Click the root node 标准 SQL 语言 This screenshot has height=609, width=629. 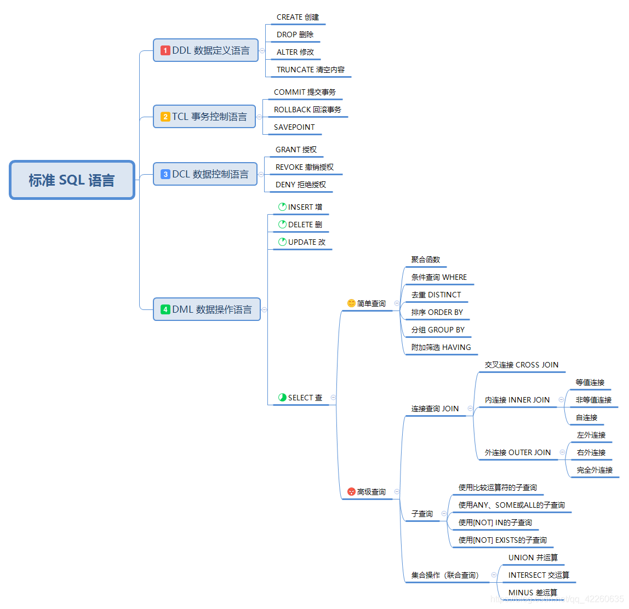click(x=72, y=180)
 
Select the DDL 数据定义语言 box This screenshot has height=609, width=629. click(x=205, y=50)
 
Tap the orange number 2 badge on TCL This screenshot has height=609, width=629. click(x=165, y=117)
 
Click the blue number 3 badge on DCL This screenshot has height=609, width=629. click(x=165, y=174)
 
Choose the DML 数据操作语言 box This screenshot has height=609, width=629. click(x=207, y=309)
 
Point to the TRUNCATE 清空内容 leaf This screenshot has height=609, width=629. click(x=311, y=70)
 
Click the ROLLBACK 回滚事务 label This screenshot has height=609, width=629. click(x=307, y=110)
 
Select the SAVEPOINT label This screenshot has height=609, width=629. click(x=294, y=127)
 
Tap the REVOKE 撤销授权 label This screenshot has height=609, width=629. click(x=305, y=167)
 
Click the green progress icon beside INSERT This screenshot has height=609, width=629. click(x=282, y=207)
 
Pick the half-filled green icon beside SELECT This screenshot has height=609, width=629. click(x=282, y=398)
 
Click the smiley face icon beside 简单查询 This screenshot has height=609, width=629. click(x=351, y=303)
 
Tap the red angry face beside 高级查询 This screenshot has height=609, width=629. click(x=351, y=492)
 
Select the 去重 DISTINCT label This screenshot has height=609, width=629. click(x=436, y=295)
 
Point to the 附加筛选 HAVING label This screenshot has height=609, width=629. click(x=441, y=347)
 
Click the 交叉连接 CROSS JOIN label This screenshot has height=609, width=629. click(x=522, y=365)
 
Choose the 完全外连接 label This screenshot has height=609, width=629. click(x=594, y=470)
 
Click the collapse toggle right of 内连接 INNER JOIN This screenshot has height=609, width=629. click(x=561, y=400)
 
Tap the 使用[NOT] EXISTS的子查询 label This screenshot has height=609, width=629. click(x=502, y=540)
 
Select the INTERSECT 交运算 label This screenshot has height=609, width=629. click(x=539, y=575)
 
